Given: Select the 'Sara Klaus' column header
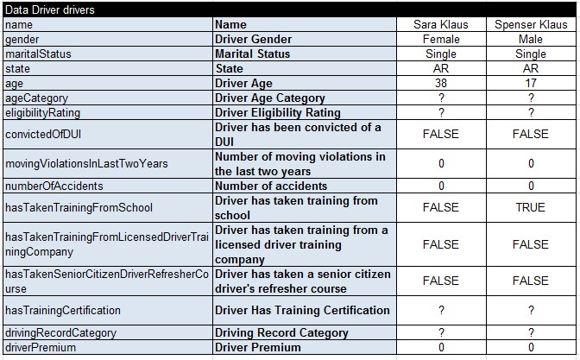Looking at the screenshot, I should tap(440, 24).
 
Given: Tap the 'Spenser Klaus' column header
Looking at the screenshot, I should tap(531, 24).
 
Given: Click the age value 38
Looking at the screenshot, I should tap(440, 83).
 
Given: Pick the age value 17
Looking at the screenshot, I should tap(531, 83).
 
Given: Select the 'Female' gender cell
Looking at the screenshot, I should tap(440, 39).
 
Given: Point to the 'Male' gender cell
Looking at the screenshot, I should tap(531, 39).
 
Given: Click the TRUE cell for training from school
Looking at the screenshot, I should tap(531, 207).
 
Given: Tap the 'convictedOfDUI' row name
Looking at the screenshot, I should tap(43, 134).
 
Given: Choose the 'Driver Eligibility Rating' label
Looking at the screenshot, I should tap(277, 112).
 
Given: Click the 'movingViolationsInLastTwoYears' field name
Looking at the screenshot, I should tap(85, 163).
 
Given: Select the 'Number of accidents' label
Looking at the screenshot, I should tap(270, 186).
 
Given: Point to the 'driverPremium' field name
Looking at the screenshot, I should tap(40, 347).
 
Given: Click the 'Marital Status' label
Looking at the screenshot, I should tap(252, 54).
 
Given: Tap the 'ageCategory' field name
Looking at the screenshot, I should tap(36, 98).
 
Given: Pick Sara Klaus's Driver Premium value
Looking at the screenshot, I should tap(440, 347).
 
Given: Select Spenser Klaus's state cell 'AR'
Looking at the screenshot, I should tap(531, 68).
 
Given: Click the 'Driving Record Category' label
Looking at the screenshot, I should tap(281, 332).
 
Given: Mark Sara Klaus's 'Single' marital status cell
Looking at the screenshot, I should tap(440, 54).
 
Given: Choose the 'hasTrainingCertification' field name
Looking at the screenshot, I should tap(62, 310).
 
